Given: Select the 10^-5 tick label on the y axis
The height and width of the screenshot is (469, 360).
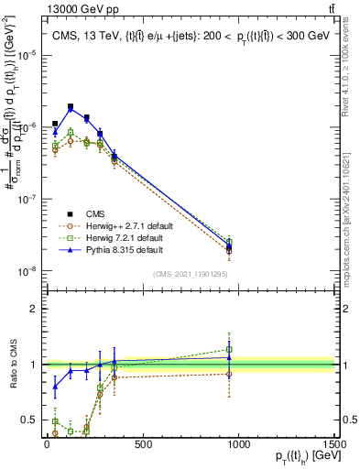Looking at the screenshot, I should point(26,55).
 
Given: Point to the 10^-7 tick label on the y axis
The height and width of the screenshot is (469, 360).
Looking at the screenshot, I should point(26,199).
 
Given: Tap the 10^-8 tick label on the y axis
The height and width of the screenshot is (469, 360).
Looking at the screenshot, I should point(26,271).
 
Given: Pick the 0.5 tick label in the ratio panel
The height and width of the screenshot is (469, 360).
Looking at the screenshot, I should point(29,420).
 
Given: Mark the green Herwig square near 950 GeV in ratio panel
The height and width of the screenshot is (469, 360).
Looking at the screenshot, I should point(229,349).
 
